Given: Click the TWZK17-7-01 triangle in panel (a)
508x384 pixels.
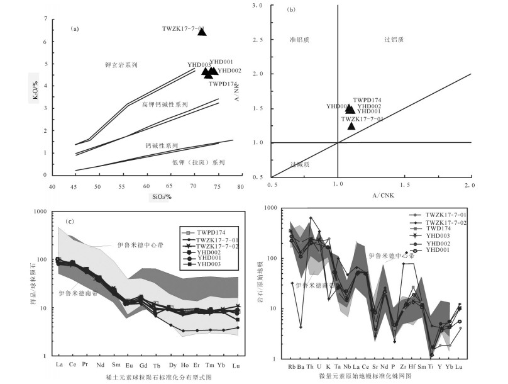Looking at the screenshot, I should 202,31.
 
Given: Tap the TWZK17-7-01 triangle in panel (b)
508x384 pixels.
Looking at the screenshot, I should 351,126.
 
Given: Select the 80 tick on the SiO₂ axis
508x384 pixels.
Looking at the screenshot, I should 241,186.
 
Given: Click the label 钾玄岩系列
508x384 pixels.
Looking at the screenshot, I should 121,65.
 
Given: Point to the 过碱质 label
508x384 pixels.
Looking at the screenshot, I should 300,164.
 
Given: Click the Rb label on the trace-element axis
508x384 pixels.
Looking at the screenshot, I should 291,366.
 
